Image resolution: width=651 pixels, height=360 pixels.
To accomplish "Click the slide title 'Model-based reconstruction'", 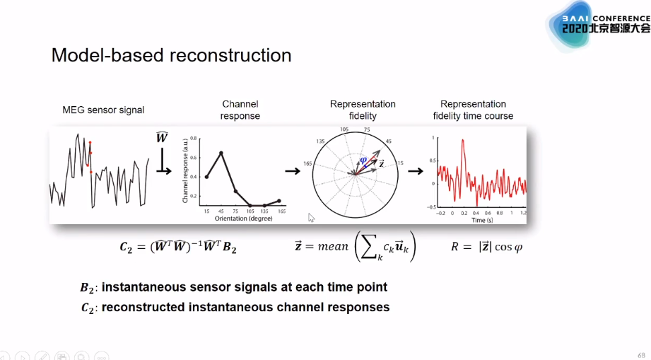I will point(171,55).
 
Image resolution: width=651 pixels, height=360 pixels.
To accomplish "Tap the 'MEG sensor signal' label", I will point(103,110).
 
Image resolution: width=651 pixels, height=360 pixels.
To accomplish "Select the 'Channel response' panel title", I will point(240,110).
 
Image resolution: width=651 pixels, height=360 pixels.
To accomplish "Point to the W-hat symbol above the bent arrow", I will point(162,137).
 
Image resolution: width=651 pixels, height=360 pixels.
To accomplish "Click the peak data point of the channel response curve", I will point(221,153).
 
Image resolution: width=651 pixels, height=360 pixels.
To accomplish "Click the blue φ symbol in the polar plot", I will point(364,160).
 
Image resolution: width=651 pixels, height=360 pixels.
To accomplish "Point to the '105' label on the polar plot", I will point(345,129).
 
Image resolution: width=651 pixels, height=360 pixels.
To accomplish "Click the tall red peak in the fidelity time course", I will point(462,141).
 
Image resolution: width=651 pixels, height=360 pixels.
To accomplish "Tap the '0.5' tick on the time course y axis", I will point(433,141).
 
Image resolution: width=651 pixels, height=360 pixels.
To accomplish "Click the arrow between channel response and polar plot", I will point(291,170).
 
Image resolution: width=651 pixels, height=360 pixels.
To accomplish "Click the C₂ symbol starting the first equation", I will point(127,248).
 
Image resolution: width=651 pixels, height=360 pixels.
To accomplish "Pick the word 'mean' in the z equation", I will point(332,247).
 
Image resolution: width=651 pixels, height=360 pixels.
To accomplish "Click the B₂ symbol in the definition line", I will point(87,288).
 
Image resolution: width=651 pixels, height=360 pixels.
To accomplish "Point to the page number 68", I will point(642,354).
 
